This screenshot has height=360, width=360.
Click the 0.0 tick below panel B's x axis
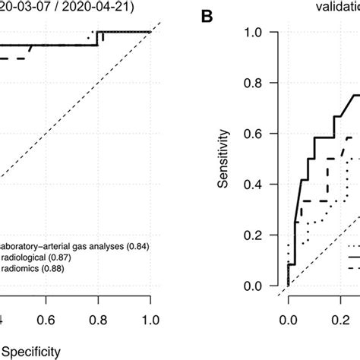tap(287, 320)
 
